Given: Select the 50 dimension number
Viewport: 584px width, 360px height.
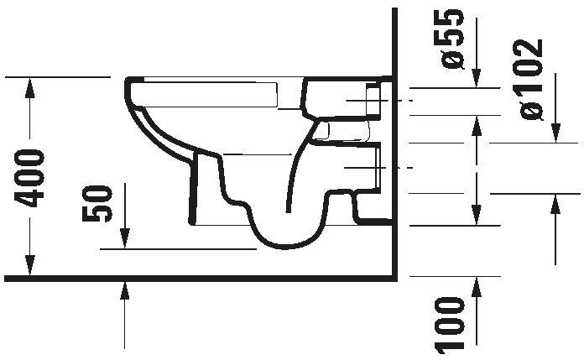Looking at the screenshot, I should (99, 203).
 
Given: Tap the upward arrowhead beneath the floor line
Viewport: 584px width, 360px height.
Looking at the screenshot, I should (124, 289).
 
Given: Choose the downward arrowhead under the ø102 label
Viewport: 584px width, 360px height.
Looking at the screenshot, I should (555, 136).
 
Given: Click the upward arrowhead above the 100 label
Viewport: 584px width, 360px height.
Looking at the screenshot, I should (477, 283).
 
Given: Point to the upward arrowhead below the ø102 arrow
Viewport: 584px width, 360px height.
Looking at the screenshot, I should (555, 200).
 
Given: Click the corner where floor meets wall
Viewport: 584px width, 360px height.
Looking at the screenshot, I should (394, 277).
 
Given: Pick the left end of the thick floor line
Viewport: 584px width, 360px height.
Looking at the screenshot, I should (5, 277).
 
